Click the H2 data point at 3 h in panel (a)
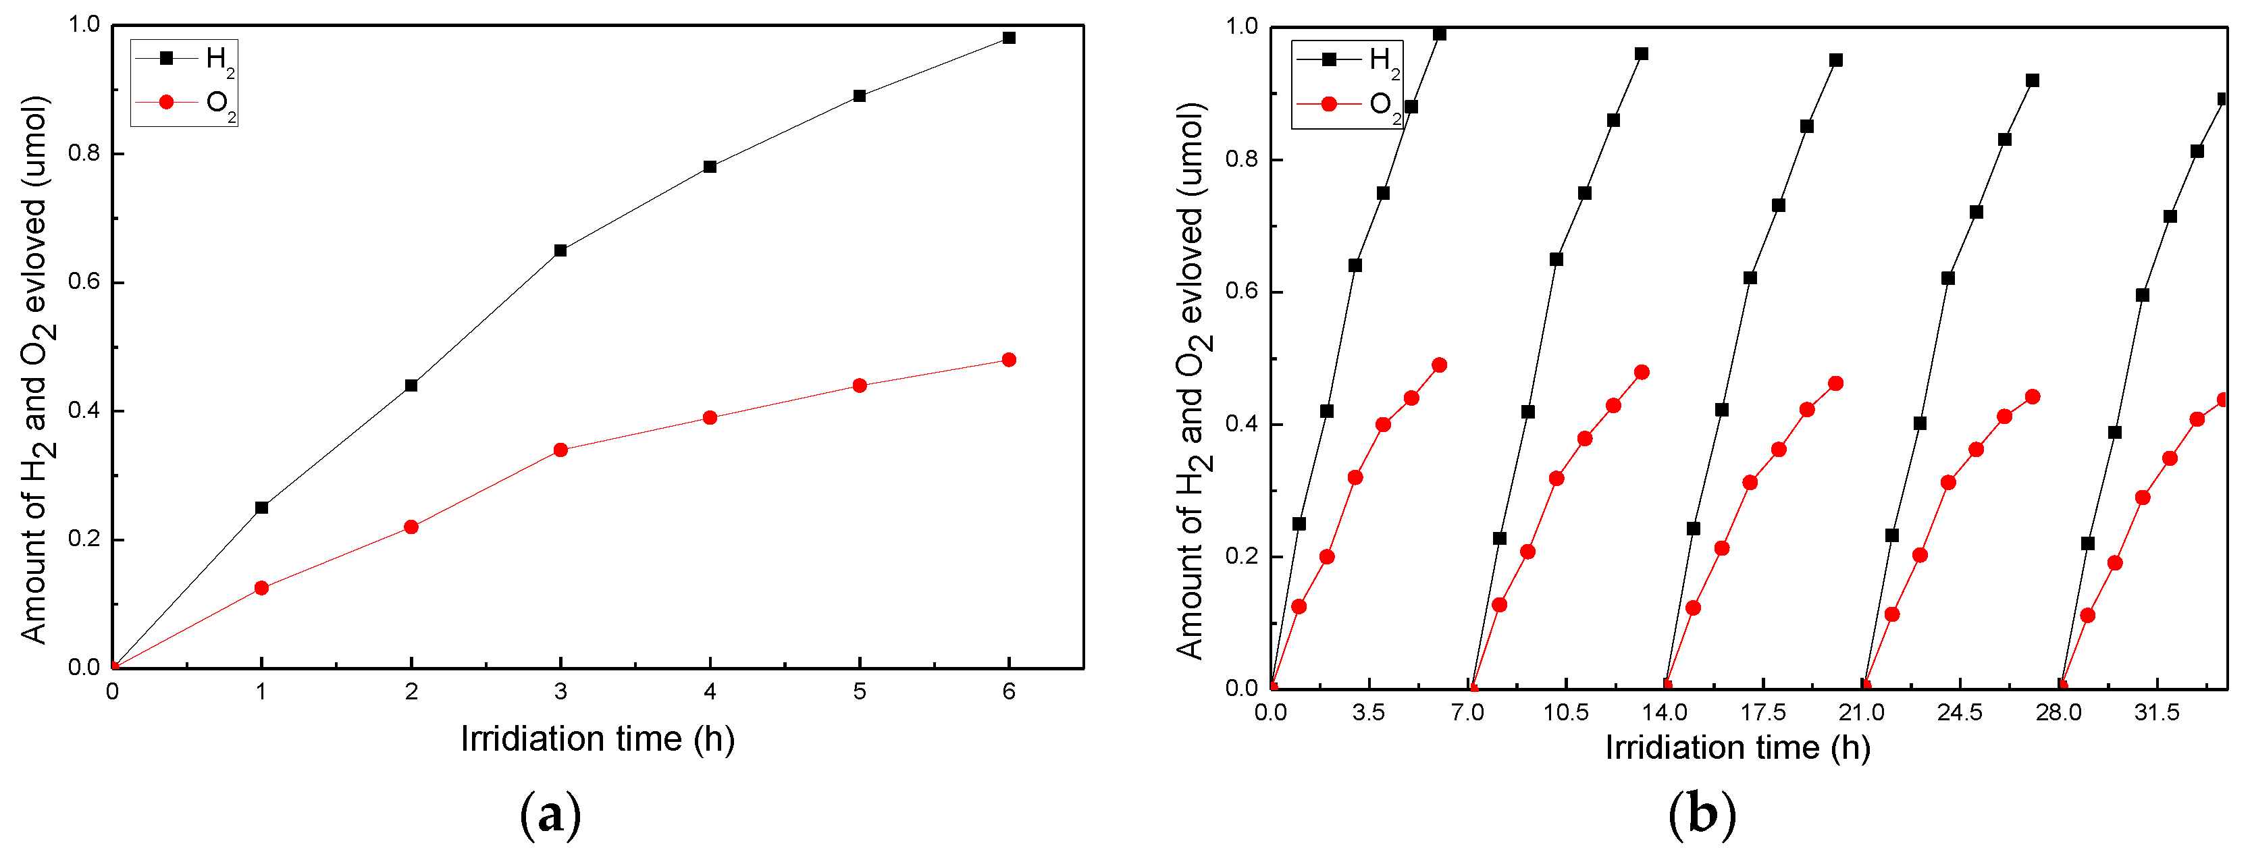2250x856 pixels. (x=560, y=250)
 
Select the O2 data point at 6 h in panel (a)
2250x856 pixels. (x=1009, y=360)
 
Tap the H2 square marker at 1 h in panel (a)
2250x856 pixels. (x=261, y=508)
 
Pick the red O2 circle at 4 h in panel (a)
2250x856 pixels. (x=710, y=417)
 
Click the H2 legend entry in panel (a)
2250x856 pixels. (x=184, y=59)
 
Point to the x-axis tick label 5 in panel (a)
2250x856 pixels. (x=860, y=692)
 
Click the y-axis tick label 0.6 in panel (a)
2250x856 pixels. (x=84, y=282)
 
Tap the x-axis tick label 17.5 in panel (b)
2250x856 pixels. (x=1762, y=712)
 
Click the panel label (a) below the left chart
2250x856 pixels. (x=550, y=815)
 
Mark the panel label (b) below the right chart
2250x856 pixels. (x=1702, y=815)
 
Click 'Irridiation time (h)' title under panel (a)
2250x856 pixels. (x=598, y=739)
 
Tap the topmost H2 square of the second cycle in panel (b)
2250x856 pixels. (x=1641, y=54)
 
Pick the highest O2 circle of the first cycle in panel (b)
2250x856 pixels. (x=1440, y=365)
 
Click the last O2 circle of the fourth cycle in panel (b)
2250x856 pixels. (x=2033, y=396)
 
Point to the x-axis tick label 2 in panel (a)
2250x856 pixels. (x=411, y=692)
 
